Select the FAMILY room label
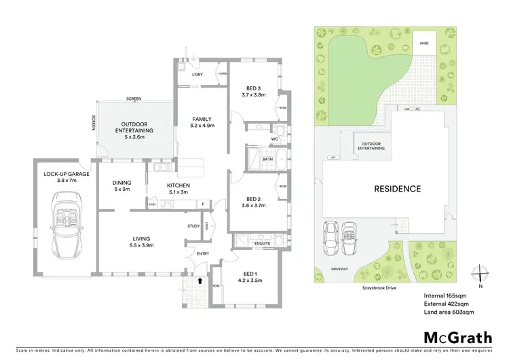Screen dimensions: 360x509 [202, 121]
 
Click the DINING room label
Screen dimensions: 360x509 [121, 186]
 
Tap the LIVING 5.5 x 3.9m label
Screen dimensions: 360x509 [141, 242]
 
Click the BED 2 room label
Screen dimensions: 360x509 [252, 202]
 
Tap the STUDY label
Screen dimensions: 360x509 [193, 226]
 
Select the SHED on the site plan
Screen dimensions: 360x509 [424, 43]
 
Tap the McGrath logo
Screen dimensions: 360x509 [457, 337]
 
